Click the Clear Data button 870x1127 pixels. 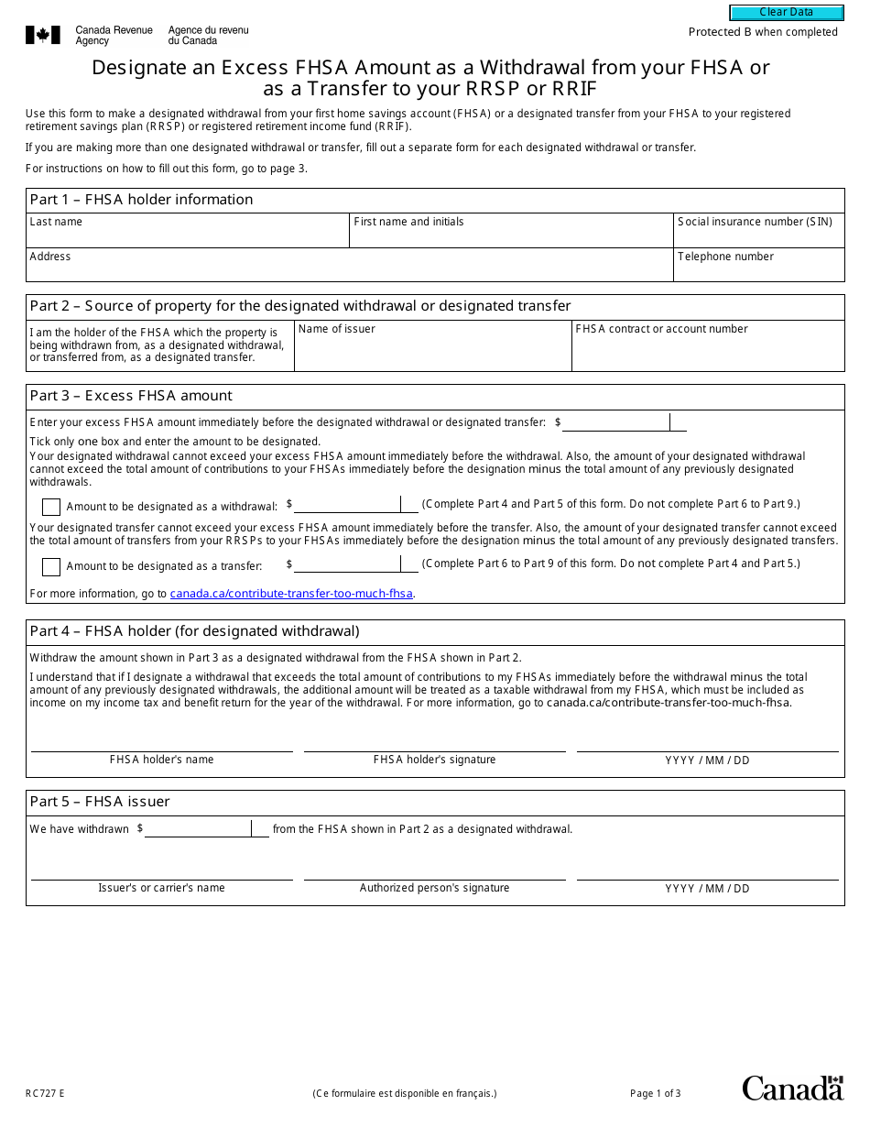point(786,13)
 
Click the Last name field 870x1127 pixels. point(188,235)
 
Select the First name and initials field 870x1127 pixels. point(511,235)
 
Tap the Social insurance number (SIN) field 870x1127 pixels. point(758,235)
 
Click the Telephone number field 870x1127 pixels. point(758,270)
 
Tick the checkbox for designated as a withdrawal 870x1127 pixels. point(51,507)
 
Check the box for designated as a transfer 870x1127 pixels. point(51,566)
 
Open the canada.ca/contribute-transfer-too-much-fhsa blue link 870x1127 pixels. point(291,594)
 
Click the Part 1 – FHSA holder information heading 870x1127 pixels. point(142,200)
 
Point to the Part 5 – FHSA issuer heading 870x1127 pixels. point(100,802)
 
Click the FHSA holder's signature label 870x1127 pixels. point(434,760)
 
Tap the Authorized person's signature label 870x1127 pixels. point(434,888)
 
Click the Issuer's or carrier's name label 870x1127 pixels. point(161,888)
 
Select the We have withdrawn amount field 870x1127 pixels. point(198,829)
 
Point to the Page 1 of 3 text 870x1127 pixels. point(655,1093)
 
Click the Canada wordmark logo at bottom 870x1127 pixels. point(792,1088)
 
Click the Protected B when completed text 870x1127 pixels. point(763,32)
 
